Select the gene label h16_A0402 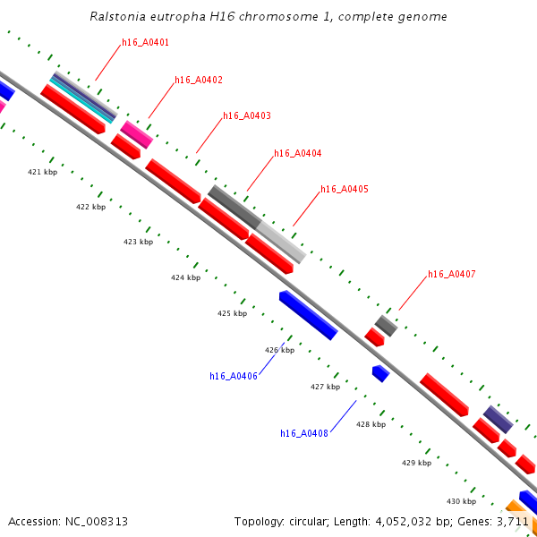click(199, 81)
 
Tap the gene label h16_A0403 click(247, 116)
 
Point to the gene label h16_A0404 click(298, 154)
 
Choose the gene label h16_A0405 click(345, 190)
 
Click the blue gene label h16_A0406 click(234, 377)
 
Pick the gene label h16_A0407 click(452, 274)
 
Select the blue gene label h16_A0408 click(304, 434)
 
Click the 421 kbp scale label click(42, 172)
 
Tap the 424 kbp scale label click(185, 278)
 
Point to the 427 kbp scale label click(325, 388)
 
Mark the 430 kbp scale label click(461, 501)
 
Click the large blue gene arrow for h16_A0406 click(308, 315)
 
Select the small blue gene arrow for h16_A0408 click(380, 373)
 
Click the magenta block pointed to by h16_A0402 click(136, 134)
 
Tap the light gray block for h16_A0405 click(281, 242)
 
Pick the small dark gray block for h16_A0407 click(386, 326)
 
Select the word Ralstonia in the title click(118, 17)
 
